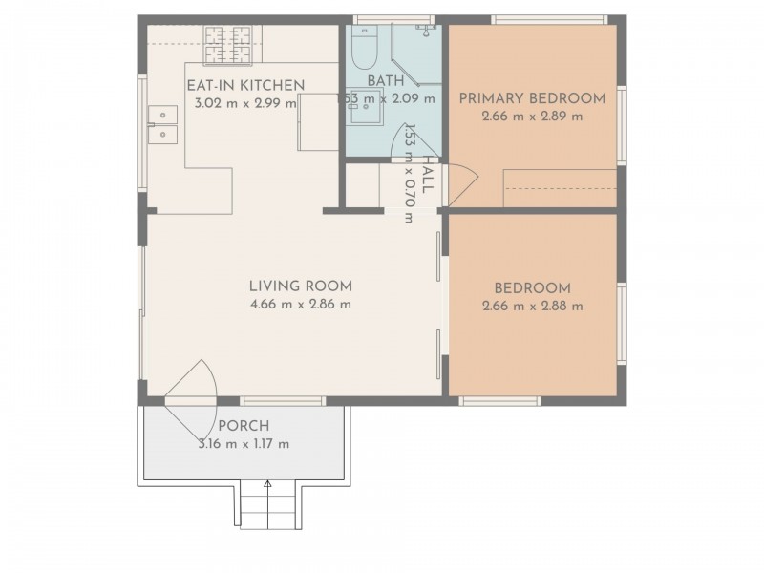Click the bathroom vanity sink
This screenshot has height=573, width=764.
(363, 113)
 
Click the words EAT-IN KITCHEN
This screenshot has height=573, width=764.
(245, 86)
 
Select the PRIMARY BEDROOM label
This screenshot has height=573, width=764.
(532, 98)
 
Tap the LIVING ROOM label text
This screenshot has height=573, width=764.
(300, 286)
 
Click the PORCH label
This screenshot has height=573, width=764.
(244, 426)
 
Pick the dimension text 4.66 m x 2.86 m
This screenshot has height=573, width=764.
(300, 305)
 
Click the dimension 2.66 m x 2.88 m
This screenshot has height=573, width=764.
(532, 307)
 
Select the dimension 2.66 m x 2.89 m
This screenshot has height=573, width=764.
(532, 117)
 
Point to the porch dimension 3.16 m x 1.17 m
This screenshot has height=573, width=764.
(244, 444)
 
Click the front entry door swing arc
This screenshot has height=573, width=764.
(196, 387)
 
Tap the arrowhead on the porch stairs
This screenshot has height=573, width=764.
(267, 485)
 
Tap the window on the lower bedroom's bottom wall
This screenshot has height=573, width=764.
(500, 401)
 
